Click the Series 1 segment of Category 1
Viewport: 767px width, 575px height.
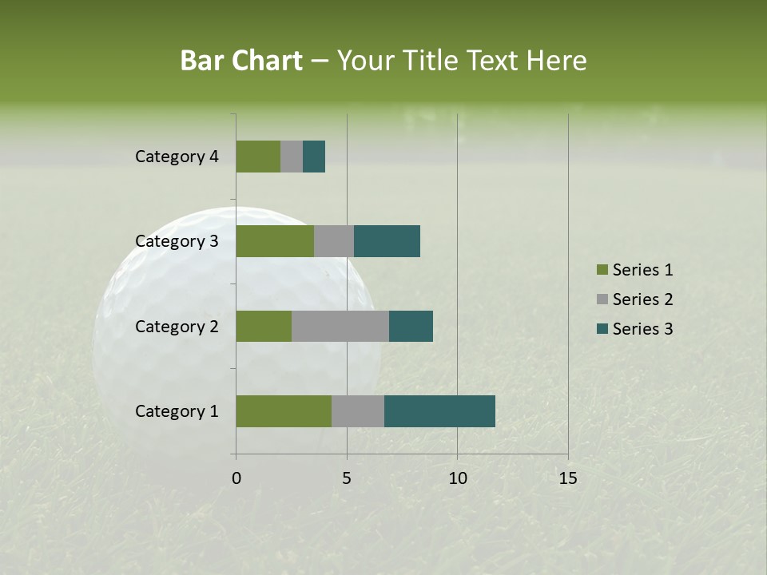coord(284,411)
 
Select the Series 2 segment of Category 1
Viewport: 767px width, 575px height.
coord(358,411)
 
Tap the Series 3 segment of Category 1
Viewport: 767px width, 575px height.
coord(439,411)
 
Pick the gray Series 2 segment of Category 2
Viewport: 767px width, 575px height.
coord(340,326)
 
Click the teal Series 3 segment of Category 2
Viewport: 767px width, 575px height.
coord(411,326)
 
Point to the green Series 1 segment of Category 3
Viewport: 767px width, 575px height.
coord(275,241)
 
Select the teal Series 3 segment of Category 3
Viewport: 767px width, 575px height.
coord(387,241)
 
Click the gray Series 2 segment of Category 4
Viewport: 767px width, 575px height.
coord(292,157)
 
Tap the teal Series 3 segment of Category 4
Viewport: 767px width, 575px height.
coord(314,157)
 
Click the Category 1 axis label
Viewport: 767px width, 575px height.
coord(177,411)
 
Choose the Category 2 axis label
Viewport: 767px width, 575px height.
coord(177,327)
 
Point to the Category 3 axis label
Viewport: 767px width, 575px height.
coord(177,241)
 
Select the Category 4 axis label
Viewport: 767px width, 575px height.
coord(177,157)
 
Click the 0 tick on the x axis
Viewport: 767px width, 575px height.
coord(236,478)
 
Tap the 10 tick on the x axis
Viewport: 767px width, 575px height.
coord(457,478)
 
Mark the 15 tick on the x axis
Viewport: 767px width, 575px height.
coord(568,478)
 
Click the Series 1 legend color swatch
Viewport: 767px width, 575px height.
coord(602,270)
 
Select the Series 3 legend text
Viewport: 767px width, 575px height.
coord(642,329)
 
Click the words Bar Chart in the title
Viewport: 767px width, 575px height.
coord(241,61)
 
